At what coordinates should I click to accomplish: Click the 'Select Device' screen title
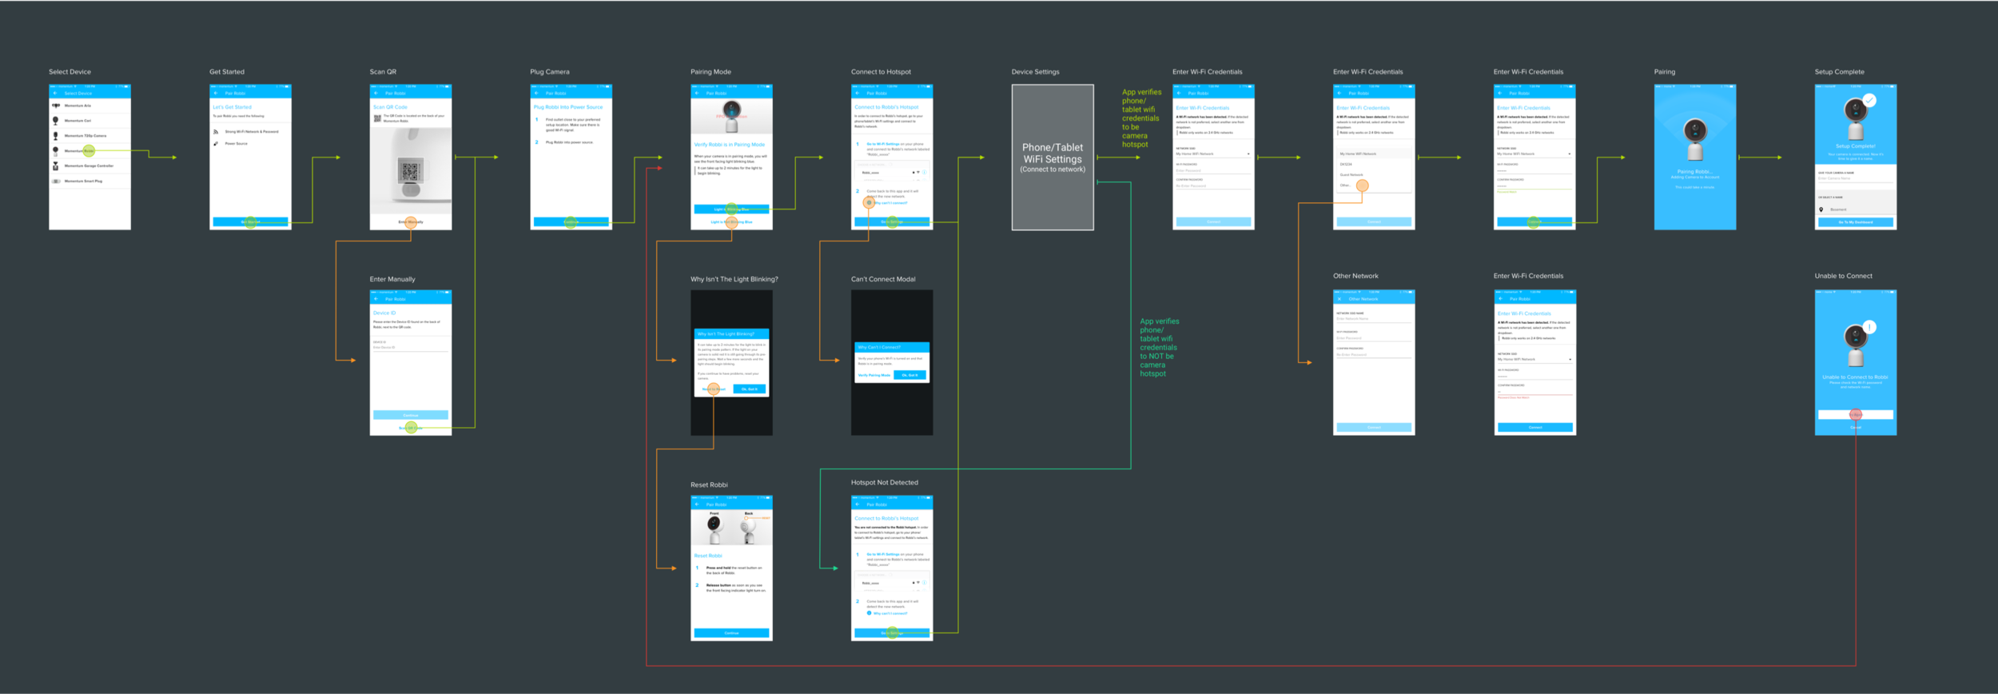(70, 72)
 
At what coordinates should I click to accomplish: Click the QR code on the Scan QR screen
(411, 170)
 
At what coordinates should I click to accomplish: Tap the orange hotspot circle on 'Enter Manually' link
(411, 222)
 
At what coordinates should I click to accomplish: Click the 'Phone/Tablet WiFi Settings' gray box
(1053, 158)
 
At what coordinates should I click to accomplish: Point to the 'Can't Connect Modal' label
(883, 279)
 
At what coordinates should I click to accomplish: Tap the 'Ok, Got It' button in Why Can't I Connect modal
(910, 375)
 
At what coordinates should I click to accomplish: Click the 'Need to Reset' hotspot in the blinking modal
(714, 389)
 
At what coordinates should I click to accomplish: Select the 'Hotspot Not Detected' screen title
(885, 483)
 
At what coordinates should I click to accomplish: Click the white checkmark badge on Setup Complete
(1869, 101)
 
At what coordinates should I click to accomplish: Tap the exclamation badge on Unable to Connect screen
(1869, 327)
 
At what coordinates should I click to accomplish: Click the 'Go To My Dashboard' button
(1855, 222)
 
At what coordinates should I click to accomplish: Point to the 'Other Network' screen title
(1355, 276)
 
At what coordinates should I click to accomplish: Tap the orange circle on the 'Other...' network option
(1363, 185)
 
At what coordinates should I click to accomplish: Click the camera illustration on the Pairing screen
(1695, 138)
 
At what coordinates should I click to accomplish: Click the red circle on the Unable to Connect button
(1856, 414)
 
